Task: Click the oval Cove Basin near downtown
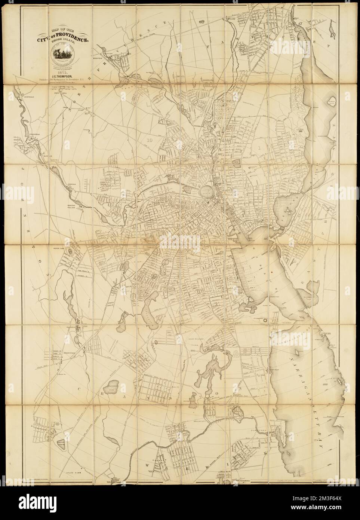(x=206, y=192)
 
